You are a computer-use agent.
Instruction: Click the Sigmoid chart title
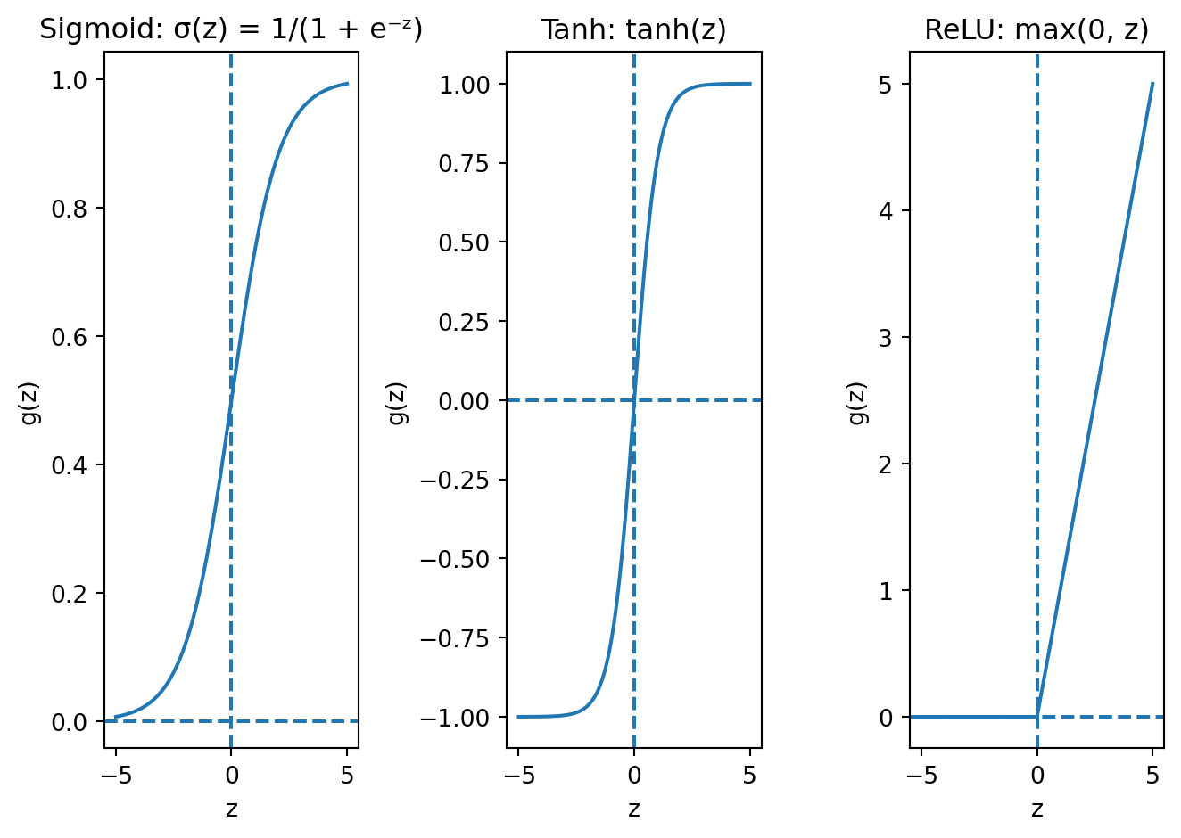231,29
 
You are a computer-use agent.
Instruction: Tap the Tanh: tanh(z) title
633,29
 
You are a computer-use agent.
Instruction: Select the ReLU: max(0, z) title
1036,29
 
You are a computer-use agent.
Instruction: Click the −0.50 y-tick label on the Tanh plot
457,559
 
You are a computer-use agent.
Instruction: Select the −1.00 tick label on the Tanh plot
457,718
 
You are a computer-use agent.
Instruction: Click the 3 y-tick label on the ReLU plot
885,338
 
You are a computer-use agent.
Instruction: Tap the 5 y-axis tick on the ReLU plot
885,85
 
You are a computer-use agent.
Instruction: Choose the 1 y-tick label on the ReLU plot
885,591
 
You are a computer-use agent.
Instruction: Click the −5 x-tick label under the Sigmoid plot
116,776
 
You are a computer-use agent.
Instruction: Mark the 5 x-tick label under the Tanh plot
749,776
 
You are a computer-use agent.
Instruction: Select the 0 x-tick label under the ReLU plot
1036,776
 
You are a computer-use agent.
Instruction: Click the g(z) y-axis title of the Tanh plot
397,403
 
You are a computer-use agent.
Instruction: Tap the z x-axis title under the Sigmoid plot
231,809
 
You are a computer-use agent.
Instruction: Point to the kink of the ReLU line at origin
1037,716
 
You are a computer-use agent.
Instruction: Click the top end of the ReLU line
1152,84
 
